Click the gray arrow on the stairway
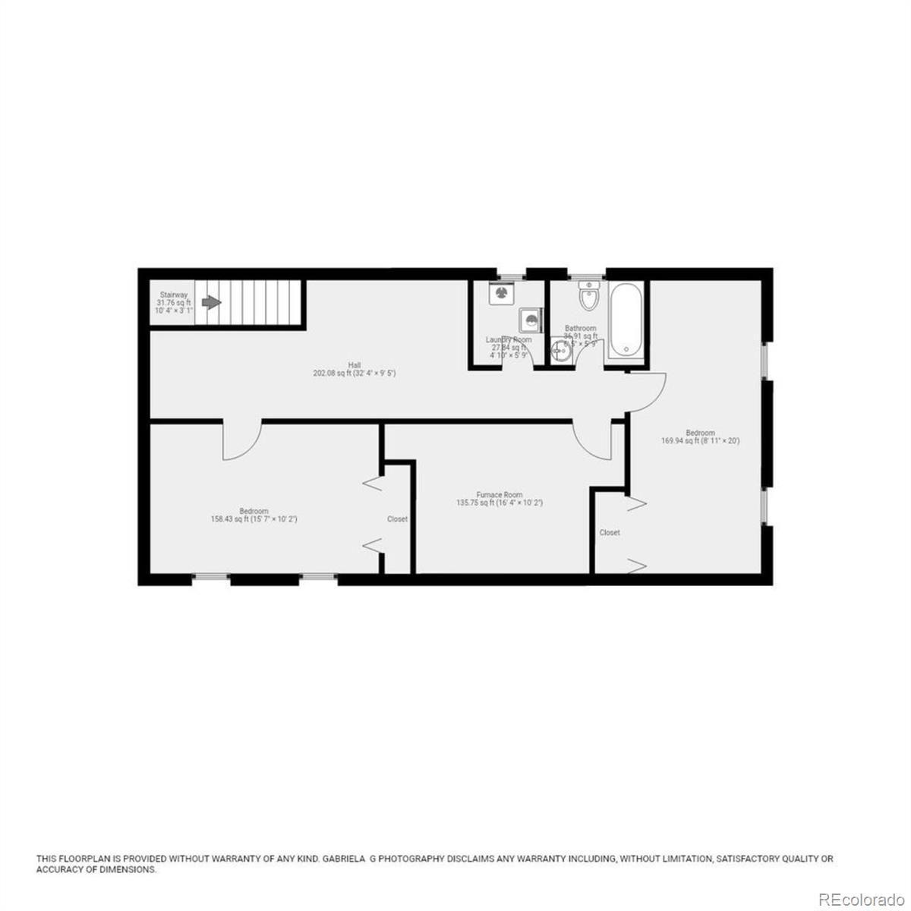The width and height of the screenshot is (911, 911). pos(211,302)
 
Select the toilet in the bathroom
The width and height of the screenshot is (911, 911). pos(588,297)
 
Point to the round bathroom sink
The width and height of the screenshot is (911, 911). pos(561,350)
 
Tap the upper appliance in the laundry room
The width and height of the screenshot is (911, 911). pos(500,292)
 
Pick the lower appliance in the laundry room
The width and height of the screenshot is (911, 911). pos(530,320)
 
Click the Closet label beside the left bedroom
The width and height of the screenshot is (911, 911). pos(397,519)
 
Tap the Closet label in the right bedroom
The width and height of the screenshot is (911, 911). pos(610,533)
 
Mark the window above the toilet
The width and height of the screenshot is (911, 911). pos(587,274)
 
